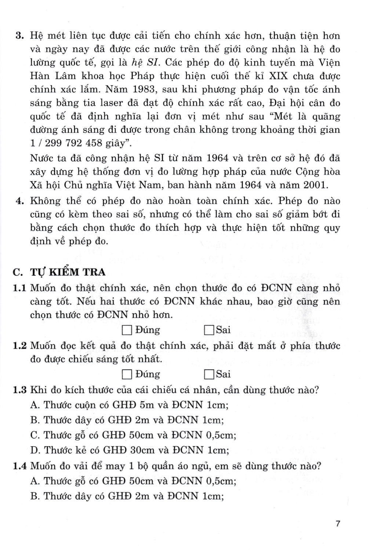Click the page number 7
click(x=338, y=523)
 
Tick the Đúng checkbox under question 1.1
click(x=127, y=330)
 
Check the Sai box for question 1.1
click(x=209, y=330)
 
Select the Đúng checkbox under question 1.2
click(x=127, y=374)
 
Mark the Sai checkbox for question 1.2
click(x=209, y=374)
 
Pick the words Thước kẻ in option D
click(x=61, y=450)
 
